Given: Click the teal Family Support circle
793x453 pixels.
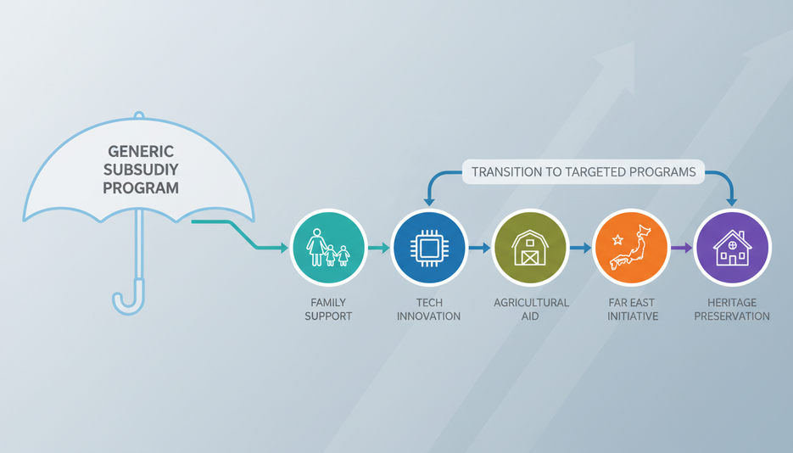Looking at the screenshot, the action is [x=328, y=248].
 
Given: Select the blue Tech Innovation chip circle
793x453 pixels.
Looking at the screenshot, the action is [x=429, y=248].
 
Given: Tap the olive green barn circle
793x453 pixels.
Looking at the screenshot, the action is [x=530, y=248].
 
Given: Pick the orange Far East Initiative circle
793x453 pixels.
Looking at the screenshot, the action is [x=631, y=248].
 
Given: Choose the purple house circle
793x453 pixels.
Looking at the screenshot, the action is [x=732, y=248].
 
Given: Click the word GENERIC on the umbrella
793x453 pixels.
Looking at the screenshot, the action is [x=141, y=151].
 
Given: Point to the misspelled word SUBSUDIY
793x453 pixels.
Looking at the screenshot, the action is [x=141, y=170].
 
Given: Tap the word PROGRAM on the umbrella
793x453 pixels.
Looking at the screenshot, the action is [x=141, y=187].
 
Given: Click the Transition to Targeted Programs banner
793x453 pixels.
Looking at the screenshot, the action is [x=584, y=172].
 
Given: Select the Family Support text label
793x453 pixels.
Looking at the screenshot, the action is [x=328, y=310].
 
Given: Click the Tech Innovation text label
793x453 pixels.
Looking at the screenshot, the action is [x=429, y=310].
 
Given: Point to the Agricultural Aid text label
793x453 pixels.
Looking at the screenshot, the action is [x=531, y=310].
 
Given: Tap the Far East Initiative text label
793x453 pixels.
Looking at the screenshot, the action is [x=632, y=310].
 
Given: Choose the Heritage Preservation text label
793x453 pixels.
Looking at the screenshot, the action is [x=732, y=310].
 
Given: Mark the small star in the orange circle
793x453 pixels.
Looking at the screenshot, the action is [x=617, y=239].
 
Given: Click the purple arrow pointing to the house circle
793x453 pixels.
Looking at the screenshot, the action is [x=681, y=248].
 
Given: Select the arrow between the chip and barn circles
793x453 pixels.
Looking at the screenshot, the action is [x=479, y=248].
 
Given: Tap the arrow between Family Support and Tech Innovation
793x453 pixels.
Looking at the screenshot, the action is [x=379, y=248].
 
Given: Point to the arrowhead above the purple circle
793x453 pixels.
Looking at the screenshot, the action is [x=731, y=202].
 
